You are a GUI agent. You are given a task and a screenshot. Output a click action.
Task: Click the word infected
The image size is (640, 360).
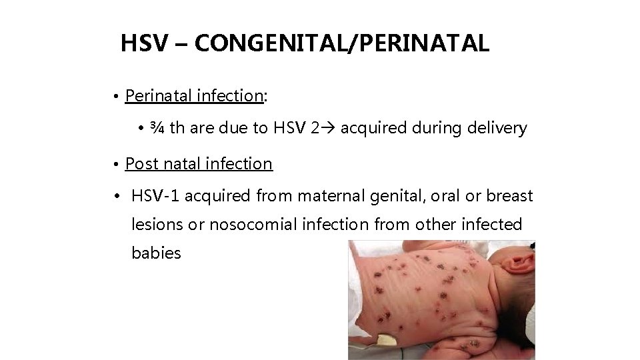click(493, 225)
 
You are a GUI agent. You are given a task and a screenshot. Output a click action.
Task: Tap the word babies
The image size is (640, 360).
click(157, 253)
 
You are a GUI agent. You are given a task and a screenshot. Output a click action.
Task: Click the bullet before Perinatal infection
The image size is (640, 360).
click(116, 97)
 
